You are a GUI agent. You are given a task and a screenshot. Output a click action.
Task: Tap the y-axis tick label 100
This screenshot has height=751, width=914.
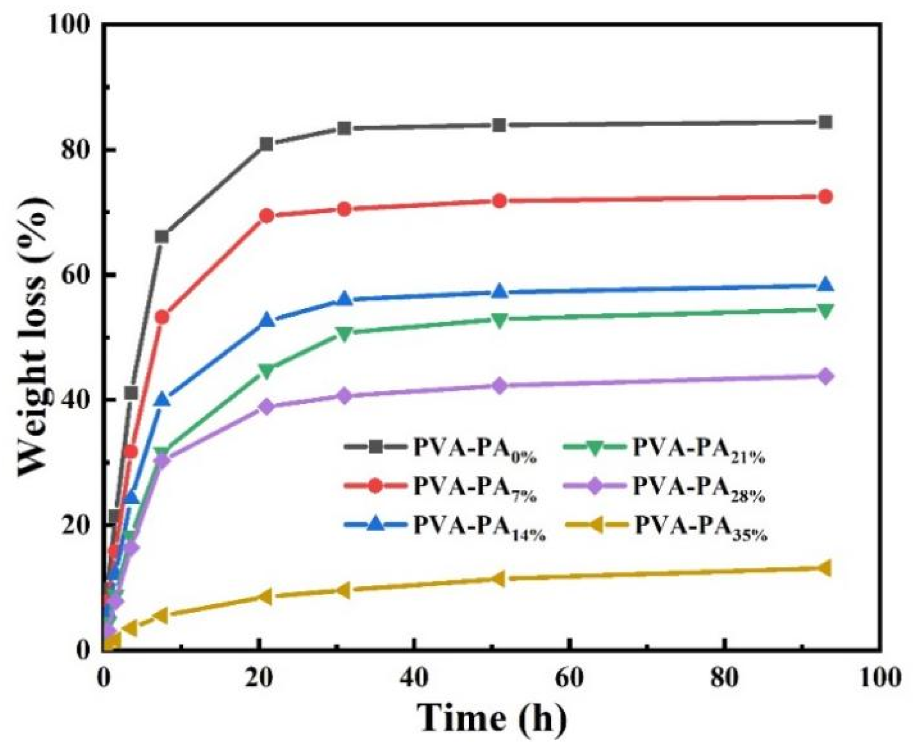[x=69, y=25]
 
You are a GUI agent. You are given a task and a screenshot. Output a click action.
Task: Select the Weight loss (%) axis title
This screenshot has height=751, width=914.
[x=34, y=338]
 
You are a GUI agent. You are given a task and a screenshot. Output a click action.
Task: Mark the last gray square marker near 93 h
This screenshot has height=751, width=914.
[x=825, y=122]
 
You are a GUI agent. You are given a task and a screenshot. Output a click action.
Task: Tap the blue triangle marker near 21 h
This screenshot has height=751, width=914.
[x=267, y=321]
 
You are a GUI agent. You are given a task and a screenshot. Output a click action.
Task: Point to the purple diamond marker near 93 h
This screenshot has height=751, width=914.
[x=825, y=377]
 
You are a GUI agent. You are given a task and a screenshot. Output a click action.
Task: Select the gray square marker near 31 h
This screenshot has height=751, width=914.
[x=345, y=128]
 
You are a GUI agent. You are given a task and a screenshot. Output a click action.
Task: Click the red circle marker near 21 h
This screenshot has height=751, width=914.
[x=267, y=216]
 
